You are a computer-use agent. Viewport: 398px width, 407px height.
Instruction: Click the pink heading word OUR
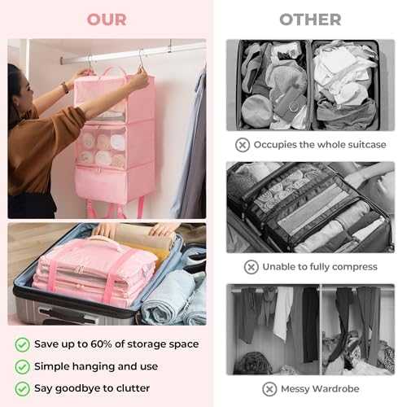[x=107, y=20]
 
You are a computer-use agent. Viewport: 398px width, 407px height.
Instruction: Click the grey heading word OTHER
[x=310, y=20]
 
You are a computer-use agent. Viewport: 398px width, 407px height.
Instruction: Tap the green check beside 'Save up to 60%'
[x=22, y=344]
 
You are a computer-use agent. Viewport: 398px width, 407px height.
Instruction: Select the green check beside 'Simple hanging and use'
[x=22, y=367]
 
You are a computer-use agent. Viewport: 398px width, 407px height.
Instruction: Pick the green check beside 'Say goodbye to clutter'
[x=22, y=388]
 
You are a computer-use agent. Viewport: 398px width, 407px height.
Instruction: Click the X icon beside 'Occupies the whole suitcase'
[x=243, y=145]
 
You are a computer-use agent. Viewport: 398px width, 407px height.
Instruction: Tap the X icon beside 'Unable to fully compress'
[x=251, y=267]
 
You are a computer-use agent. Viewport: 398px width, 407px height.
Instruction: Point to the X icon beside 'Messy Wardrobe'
[x=269, y=389]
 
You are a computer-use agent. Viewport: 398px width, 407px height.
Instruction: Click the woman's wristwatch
[x=65, y=88]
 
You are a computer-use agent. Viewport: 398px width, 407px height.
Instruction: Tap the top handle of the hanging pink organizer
[x=114, y=71]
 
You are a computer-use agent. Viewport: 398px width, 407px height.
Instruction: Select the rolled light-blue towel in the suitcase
[x=165, y=299]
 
